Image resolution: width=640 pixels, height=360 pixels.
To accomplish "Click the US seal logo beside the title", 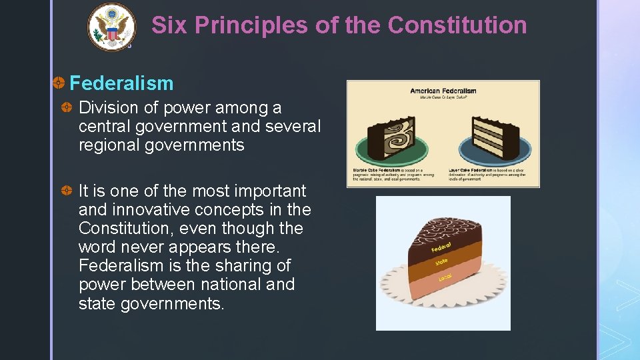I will [111, 27].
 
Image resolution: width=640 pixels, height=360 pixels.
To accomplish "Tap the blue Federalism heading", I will [121, 83].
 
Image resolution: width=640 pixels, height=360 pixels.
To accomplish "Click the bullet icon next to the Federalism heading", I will [59, 83].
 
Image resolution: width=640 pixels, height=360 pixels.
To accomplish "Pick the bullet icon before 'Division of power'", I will [67, 108].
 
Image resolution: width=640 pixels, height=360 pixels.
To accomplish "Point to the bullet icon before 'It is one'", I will [67, 191].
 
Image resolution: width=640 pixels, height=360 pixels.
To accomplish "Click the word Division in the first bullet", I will [104, 108].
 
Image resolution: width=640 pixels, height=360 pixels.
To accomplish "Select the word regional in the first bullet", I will [109, 145].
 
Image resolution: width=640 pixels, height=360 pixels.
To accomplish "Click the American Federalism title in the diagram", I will [443, 91].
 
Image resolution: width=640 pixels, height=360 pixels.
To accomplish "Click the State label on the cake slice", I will [441, 263].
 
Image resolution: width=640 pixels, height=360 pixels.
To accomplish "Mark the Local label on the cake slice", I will [445, 276].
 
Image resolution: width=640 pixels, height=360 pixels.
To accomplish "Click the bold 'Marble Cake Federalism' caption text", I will [377, 171].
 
